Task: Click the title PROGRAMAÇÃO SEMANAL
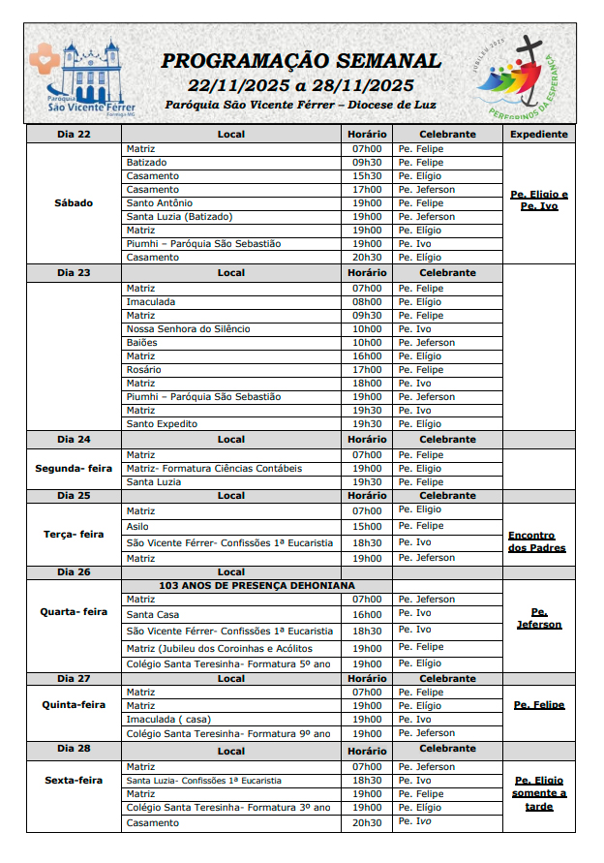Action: click(x=301, y=61)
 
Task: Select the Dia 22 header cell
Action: click(x=74, y=135)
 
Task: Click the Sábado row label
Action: click(x=74, y=203)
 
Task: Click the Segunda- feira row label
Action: click(x=74, y=469)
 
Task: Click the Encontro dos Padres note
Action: click(x=536, y=541)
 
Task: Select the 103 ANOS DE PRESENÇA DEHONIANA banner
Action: click(x=257, y=586)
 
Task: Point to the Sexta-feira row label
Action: click(x=74, y=780)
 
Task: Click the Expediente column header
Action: click(x=538, y=135)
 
